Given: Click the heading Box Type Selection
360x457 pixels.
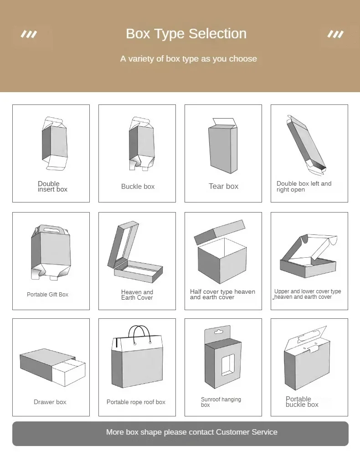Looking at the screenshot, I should tap(186, 34).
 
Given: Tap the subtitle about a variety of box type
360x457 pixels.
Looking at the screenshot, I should tap(188, 59).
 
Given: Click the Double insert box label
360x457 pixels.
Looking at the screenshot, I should tap(52, 187).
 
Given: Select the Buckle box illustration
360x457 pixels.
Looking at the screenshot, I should tap(141, 143).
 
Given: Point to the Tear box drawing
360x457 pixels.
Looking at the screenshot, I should tap(223, 146).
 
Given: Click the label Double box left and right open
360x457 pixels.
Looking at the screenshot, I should tap(303, 187).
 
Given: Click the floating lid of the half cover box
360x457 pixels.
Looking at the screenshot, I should tap(220, 232).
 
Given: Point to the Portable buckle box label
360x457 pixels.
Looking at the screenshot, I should tap(302, 402).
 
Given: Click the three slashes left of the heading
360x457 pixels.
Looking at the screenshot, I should tap(29, 34).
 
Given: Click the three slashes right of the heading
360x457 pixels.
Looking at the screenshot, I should tap(335, 34).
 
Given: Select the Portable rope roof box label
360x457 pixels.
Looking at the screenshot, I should tap(136, 402).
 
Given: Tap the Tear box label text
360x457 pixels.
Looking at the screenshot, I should tap(223, 186).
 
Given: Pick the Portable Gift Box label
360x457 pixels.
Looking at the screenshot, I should tap(47, 295).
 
